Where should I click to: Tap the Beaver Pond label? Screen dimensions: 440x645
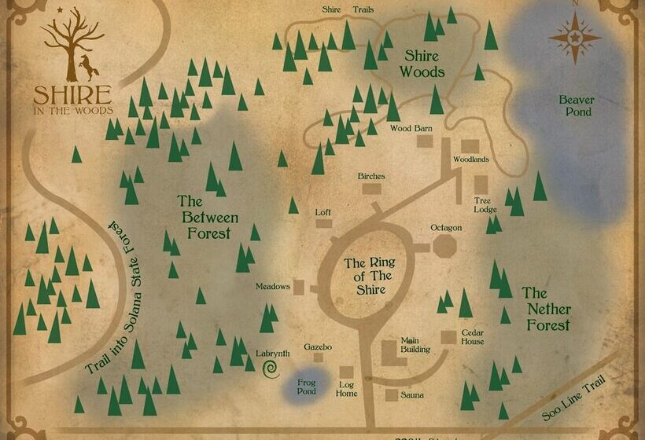click(576, 106)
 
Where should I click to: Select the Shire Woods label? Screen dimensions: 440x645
click(424, 64)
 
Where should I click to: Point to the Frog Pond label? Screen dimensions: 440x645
click(306, 387)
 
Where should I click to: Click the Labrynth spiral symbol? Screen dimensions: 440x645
click(271, 368)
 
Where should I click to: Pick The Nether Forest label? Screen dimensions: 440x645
click(544, 308)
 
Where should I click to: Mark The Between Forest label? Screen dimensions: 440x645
click(208, 217)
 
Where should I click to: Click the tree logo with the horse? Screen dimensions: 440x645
click(72, 49)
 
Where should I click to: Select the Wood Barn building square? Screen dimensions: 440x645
click(426, 141)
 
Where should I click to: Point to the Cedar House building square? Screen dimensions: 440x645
click(448, 336)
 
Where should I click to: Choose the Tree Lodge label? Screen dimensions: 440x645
click(485, 205)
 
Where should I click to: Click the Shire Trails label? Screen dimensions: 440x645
click(348, 9)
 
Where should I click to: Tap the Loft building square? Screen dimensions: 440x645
click(323, 223)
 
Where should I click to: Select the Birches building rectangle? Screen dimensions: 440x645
click(371, 189)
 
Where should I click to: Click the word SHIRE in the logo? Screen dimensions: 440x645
click(72, 95)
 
